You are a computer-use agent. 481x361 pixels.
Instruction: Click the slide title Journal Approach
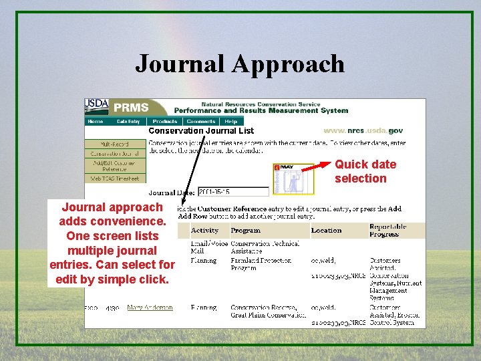pyautogui.click(x=240, y=64)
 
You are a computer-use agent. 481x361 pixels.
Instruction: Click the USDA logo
pyautogui.click(x=97, y=106)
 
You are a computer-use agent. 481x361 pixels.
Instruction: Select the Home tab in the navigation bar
pyautogui.click(x=96, y=122)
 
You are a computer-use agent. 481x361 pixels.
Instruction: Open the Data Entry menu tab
pyautogui.click(x=128, y=122)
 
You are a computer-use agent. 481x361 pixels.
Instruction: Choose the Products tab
pyautogui.click(x=164, y=122)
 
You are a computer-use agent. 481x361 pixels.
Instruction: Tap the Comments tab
pyautogui.click(x=200, y=122)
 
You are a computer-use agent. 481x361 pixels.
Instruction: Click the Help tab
pyautogui.click(x=230, y=122)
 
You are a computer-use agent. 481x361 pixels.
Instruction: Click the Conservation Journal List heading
pyautogui.click(x=201, y=131)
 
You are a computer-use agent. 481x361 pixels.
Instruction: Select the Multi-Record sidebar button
pyautogui.click(x=115, y=144)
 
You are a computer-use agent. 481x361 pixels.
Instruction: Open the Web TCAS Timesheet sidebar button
pyautogui.click(x=115, y=178)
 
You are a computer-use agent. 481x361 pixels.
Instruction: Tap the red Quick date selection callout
pyautogui.click(x=365, y=171)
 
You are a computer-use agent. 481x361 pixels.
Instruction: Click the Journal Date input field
pyautogui.click(x=232, y=192)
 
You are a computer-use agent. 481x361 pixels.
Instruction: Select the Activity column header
pyautogui.click(x=204, y=231)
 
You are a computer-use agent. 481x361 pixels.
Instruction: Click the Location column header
pyautogui.click(x=326, y=231)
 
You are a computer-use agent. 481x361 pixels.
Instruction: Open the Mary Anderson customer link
pyautogui.click(x=150, y=308)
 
